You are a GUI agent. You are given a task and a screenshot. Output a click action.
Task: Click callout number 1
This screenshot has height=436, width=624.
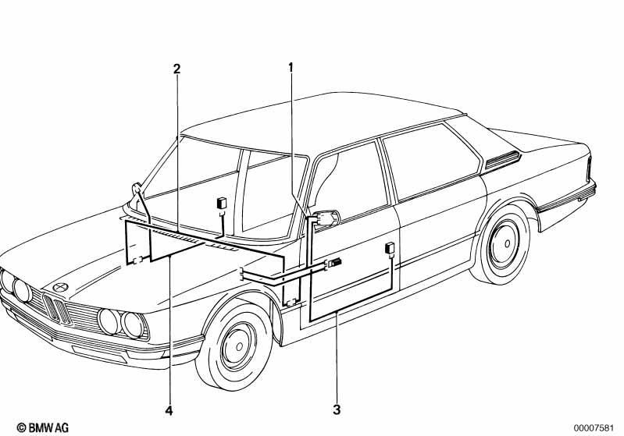[291, 68]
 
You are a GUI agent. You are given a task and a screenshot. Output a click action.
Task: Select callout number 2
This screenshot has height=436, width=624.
[177, 69]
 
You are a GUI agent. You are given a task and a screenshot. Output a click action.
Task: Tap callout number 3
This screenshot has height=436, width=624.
[337, 409]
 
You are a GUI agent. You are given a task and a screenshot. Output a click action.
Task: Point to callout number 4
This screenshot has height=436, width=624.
[169, 410]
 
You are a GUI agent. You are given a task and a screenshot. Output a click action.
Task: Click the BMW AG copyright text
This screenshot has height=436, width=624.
[43, 427]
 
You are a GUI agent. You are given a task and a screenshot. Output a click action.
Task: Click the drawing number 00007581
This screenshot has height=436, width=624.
[594, 427]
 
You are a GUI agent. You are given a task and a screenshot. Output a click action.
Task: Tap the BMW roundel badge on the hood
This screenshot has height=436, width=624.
[60, 287]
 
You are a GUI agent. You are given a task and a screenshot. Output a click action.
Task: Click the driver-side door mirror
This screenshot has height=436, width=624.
[327, 218]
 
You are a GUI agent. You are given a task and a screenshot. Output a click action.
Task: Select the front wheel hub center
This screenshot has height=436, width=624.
[239, 346]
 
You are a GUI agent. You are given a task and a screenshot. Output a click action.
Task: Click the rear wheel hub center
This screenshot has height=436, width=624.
[507, 243]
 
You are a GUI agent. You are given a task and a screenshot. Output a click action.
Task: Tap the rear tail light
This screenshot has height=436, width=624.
[589, 169]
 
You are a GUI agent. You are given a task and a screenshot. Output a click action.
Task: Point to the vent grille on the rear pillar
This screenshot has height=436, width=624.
[503, 160]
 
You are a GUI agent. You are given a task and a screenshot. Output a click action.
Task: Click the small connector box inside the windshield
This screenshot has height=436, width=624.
[222, 203]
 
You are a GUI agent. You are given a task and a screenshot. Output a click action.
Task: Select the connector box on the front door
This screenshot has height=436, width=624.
[390, 248]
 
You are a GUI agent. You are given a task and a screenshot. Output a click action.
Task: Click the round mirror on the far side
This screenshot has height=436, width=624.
[136, 189]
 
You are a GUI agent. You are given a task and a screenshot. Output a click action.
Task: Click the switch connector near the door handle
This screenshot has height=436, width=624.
[334, 263]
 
